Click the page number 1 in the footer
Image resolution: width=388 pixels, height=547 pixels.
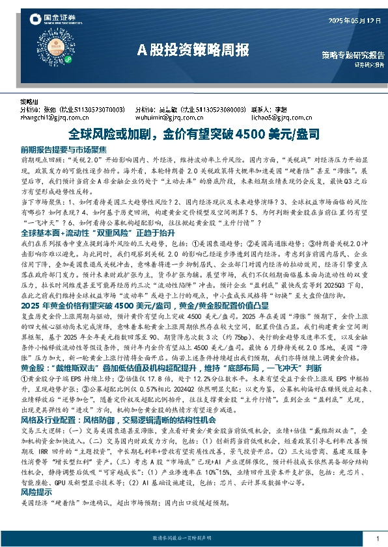coord(378,539)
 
